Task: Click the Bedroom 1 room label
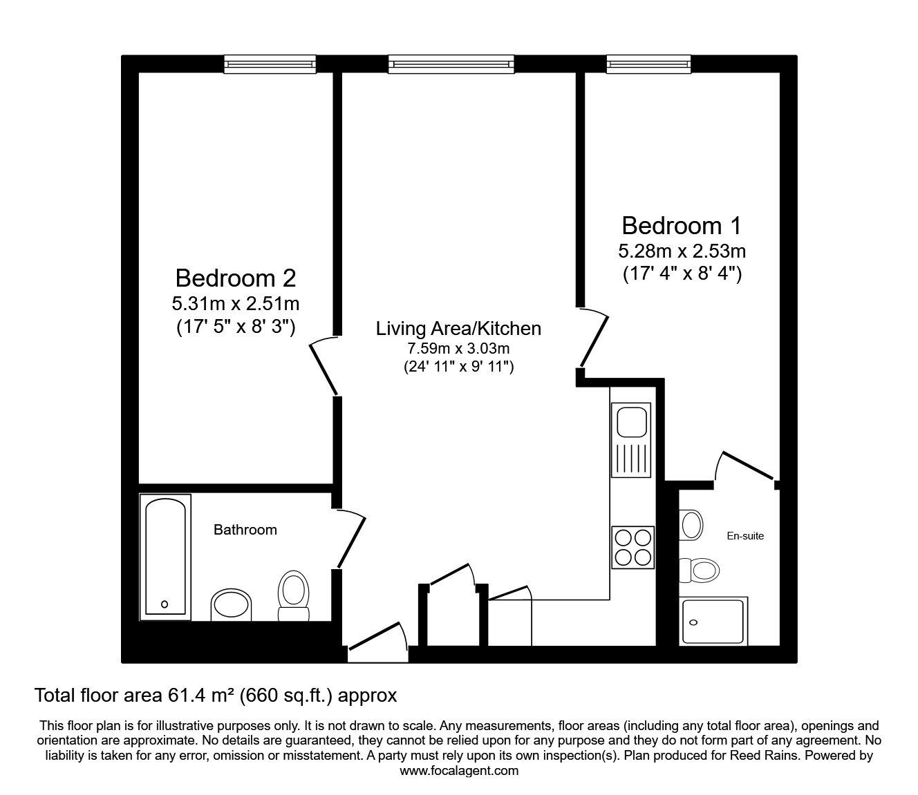[682, 226]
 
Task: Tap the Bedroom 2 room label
[236, 278]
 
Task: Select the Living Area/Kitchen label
[458, 329]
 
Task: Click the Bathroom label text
[245, 530]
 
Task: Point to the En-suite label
[745, 536]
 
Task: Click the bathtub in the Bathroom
[165, 557]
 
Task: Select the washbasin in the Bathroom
[231, 606]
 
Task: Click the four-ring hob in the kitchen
[633, 547]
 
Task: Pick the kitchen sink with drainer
[631, 440]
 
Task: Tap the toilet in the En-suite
[699, 570]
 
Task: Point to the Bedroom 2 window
[270, 64]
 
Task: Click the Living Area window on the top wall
[451, 64]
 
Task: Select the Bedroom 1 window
[649, 64]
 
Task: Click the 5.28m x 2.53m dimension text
[682, 251]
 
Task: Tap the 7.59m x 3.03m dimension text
[458, 348]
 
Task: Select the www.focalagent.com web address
[459, 771]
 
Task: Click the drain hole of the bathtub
[165, 604]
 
